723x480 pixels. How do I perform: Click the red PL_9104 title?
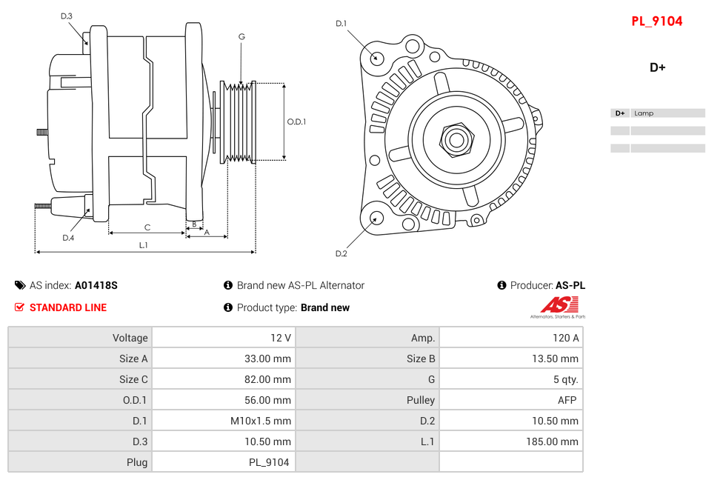point(656,21)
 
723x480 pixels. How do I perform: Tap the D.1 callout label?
point(341,24)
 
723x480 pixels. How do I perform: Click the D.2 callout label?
point(341,253)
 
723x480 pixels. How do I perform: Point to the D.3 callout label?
point(67,16)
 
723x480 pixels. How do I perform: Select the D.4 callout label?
point(68,238)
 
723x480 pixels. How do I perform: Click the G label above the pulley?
point(241,36)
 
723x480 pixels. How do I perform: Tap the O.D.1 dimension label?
point(296,121)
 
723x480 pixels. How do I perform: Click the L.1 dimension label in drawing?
point(143,244)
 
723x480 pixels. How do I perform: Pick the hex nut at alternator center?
point(456,139)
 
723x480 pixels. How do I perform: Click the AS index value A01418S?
point(96,285)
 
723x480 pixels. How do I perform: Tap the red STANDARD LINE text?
point(67,307)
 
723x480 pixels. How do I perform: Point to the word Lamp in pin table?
point(644,113)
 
